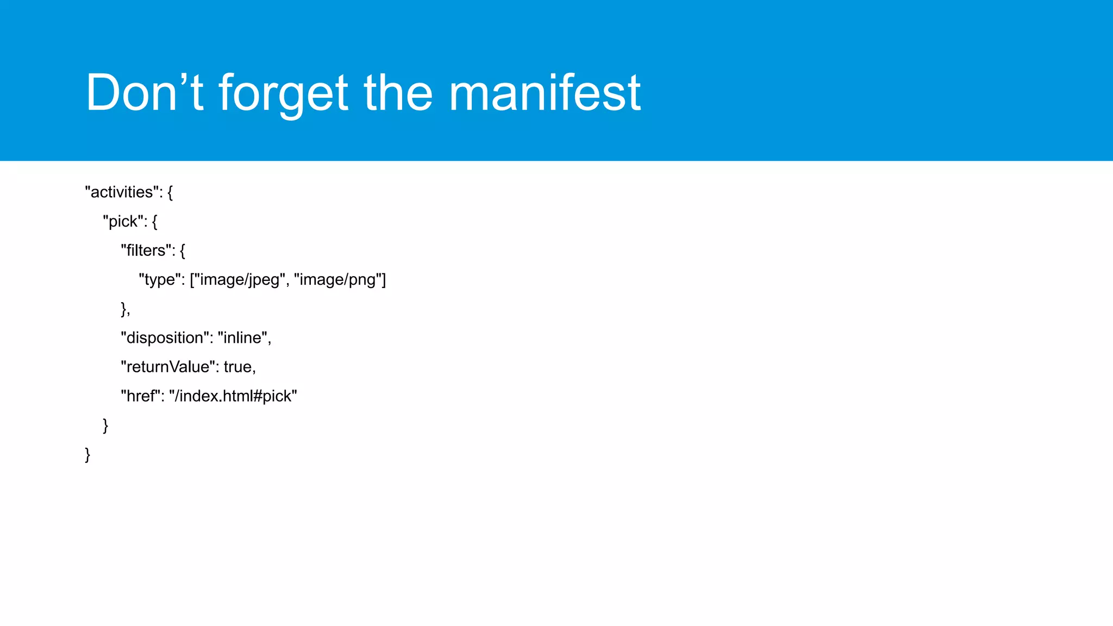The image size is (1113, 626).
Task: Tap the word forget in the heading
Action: point(283,93)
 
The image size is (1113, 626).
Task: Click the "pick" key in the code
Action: point(123,222)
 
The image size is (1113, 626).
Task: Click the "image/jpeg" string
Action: point(240,280)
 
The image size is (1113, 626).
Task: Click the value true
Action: point(237,367)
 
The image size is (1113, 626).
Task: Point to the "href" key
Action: point(141,396)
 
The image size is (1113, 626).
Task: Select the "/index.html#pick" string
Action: point(233,396)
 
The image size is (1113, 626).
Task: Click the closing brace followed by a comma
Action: point(124,309)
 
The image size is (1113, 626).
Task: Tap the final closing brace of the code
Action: point(87,454)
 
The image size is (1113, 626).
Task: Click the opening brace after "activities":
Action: point(170,192)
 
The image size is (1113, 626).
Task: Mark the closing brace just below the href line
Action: point(105,425)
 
